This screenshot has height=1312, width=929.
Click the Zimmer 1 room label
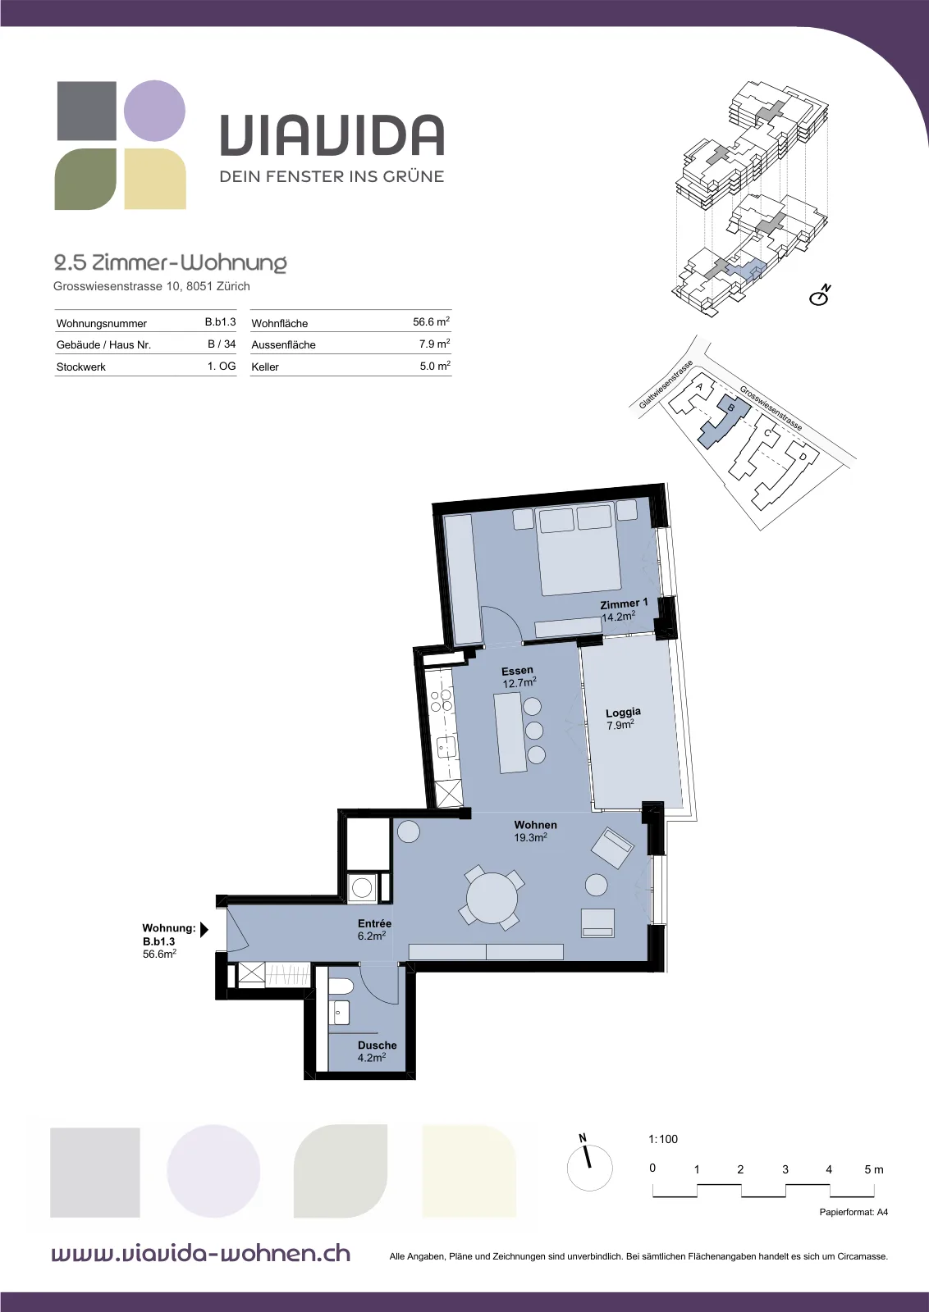624,604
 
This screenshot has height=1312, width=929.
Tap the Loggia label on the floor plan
623,713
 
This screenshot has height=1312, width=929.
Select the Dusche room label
378,1045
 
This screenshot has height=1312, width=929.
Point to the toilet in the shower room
340,987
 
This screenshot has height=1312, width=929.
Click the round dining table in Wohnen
493,897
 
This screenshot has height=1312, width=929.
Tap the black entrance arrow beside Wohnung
204,930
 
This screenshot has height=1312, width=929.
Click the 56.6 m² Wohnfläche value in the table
432,321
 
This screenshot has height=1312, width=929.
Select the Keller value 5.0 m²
434,366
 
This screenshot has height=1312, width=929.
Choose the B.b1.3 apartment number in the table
221,321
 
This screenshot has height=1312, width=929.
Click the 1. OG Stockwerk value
222,366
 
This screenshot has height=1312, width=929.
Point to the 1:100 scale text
663,1139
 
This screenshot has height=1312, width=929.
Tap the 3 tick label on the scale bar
785,1169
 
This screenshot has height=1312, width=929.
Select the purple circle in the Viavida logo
155,111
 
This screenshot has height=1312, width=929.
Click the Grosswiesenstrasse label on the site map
771,408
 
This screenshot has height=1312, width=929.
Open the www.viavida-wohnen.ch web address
201,1254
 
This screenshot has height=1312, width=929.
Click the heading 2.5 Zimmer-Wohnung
170,263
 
